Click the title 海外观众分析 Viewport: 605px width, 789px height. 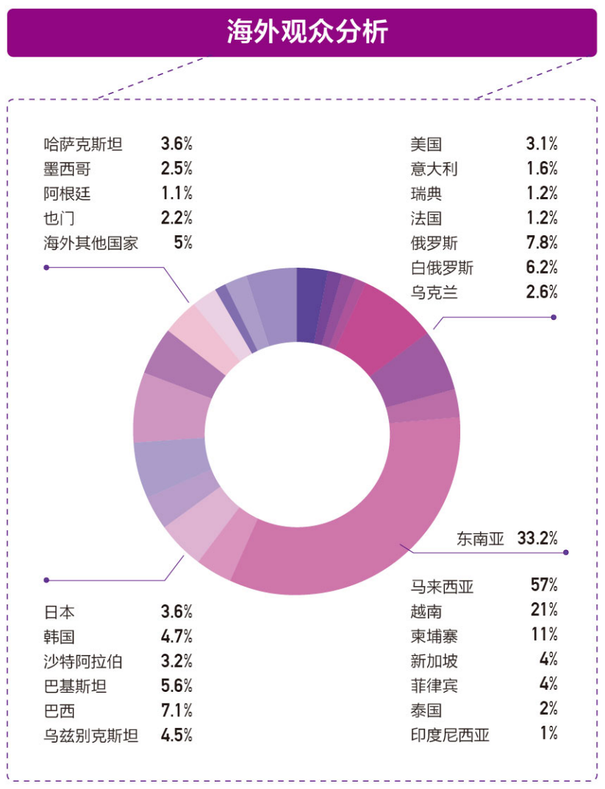point(302,33)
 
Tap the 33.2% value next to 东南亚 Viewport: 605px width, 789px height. point(537,538)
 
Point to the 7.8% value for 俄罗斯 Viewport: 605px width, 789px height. point(542,243)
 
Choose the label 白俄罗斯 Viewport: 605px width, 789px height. point(443,268)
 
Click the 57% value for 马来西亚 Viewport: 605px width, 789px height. point(544,585)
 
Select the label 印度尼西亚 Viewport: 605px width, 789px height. point(450,735)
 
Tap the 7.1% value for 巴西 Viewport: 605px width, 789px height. point(176,711)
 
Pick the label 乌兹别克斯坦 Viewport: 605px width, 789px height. point(91,735)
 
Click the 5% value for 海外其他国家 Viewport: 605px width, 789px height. point(183,243)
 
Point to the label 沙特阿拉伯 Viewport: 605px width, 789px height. point(83,661)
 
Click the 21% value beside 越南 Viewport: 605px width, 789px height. point(544,610)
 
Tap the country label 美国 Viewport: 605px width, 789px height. point(426,144)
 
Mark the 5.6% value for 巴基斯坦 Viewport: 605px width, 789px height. point(176,686)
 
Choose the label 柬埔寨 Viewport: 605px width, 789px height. point(434,635)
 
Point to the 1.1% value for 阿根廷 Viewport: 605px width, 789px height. point(176,193)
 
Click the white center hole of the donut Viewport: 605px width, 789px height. point(296,430)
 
